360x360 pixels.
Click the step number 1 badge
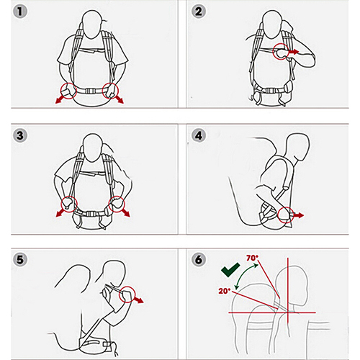20,12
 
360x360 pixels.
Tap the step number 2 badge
199,12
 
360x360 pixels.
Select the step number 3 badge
20,135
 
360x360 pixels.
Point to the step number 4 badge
199,135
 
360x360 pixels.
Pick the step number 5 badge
20,259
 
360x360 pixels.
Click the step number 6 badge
199,259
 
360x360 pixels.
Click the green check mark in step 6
230,271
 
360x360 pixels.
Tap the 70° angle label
252,258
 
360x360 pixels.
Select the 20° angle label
224,291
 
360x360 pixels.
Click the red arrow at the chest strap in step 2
294,51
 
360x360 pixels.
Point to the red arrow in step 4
299,215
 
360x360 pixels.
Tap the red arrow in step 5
138,300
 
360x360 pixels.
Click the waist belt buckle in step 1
90,91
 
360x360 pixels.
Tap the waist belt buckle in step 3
91,214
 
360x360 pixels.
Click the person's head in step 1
91,24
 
